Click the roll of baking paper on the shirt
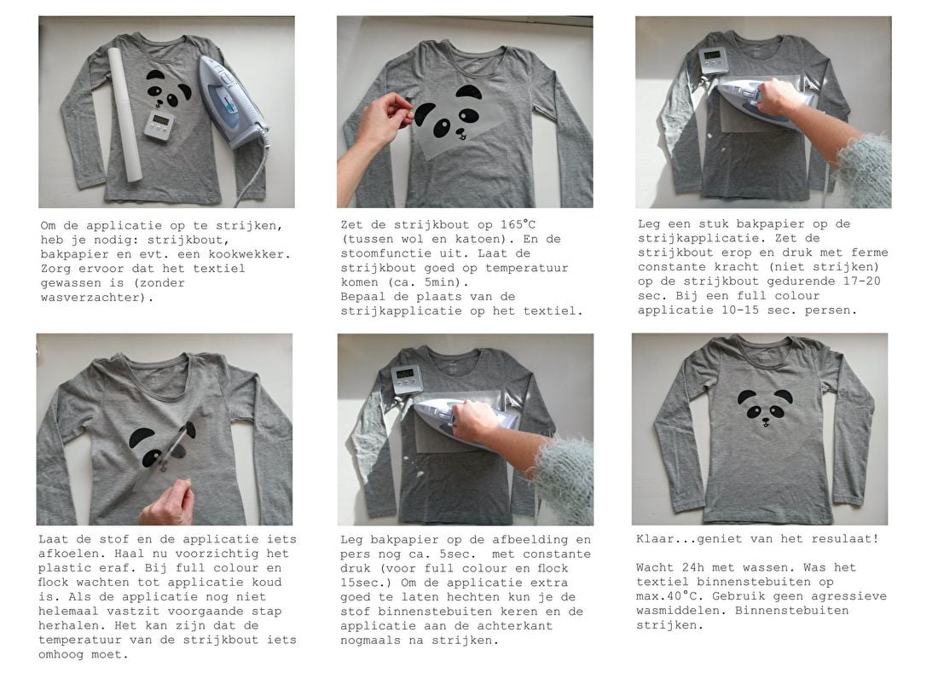click(x=125, y=115)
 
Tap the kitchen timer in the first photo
click(x=159, y=125)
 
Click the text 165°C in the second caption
click(x=518, y=225)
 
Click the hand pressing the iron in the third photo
click(x=778, y=97)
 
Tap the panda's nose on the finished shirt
click(x=766, y=416)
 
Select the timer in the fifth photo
click(x=407, y=380)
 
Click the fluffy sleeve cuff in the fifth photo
click(x=565, y=476)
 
